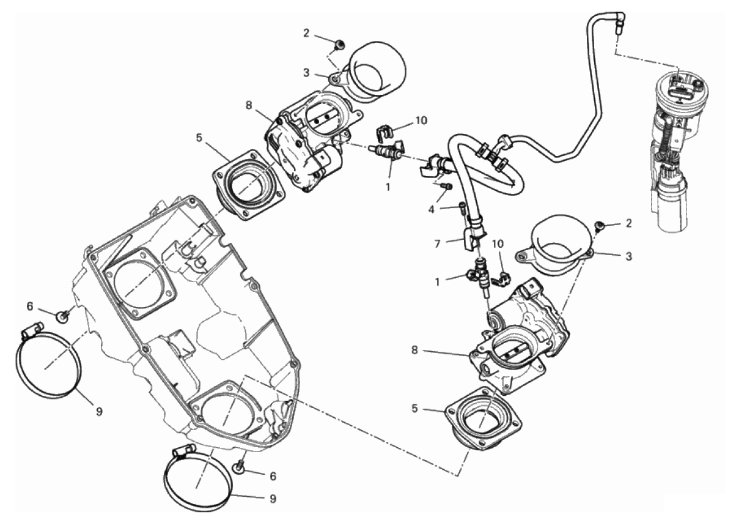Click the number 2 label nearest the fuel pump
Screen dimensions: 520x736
pos(629,224)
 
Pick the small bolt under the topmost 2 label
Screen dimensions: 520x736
pos(339,45)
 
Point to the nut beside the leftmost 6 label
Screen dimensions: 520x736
pos(62,316)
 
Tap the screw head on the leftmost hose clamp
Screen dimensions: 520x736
pos(28,334)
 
